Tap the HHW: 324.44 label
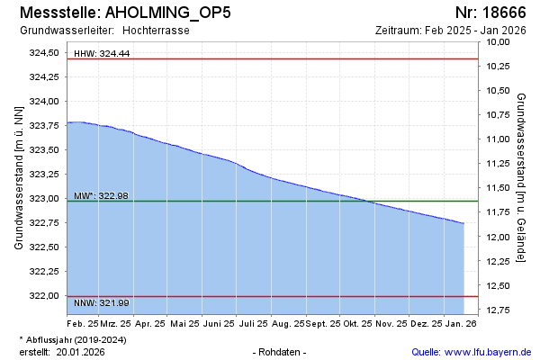click(x=101, y=54)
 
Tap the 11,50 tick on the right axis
click(x=498, y=188)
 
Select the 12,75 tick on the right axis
click(x=498, y=310)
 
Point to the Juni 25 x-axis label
click(x=218, y=322)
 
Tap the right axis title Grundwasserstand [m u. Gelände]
click(x=521, y=177)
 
